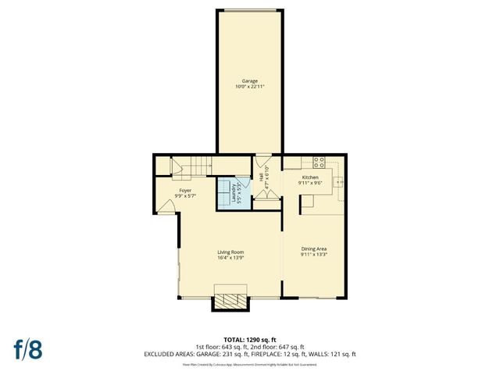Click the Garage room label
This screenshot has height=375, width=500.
(x=250, y=80)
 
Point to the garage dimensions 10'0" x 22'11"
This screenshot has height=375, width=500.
(x=250, y=86)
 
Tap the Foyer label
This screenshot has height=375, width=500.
(x=185, y=191)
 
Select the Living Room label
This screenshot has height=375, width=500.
(x=231, y=252)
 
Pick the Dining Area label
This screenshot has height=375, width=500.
(x=314, y=248)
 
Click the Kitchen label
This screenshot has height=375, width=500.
(x=311, y=177)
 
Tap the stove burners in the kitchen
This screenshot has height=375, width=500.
(x=319, y=162)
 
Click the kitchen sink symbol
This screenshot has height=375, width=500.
(x=340, y=182)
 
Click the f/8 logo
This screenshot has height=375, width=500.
(x=27, y=348)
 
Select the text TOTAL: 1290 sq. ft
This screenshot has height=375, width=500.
(x=250, y=339)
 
